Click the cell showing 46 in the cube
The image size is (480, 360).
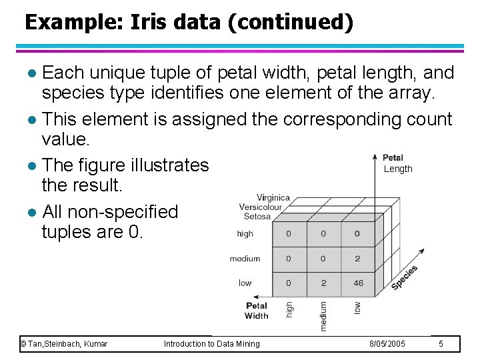[358, 283]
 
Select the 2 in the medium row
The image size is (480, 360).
[357, 259]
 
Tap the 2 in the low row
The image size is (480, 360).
[323, 283]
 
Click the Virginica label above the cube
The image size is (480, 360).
[273, 197]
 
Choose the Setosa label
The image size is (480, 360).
[257, 216]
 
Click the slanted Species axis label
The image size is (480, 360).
[404, 277]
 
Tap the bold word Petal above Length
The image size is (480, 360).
[393, 158]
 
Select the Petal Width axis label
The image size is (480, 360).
[257, 311]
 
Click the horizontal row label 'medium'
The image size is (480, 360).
[245, 259]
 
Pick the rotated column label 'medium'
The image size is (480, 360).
[323, 315]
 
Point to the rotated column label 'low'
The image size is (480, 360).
[357, 307]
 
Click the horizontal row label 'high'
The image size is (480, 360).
[245, 234]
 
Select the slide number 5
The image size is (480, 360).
[441, 344]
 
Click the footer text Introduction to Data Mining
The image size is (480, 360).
[211, 344]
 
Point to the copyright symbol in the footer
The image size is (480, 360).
[23, 344]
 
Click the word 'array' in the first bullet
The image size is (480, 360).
[406, 93]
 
